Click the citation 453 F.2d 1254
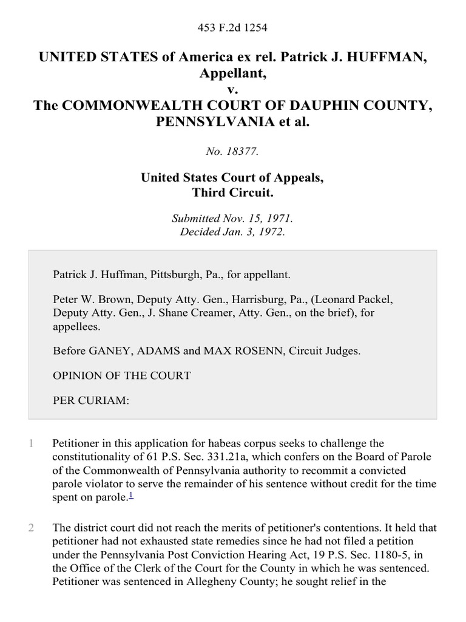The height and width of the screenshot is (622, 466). [x=233, y=28]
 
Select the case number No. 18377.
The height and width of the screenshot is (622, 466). [x=233, y=152]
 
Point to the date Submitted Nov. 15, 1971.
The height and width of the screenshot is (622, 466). [x=233, y=218]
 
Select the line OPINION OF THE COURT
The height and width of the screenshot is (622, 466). [x=121, y=375]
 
